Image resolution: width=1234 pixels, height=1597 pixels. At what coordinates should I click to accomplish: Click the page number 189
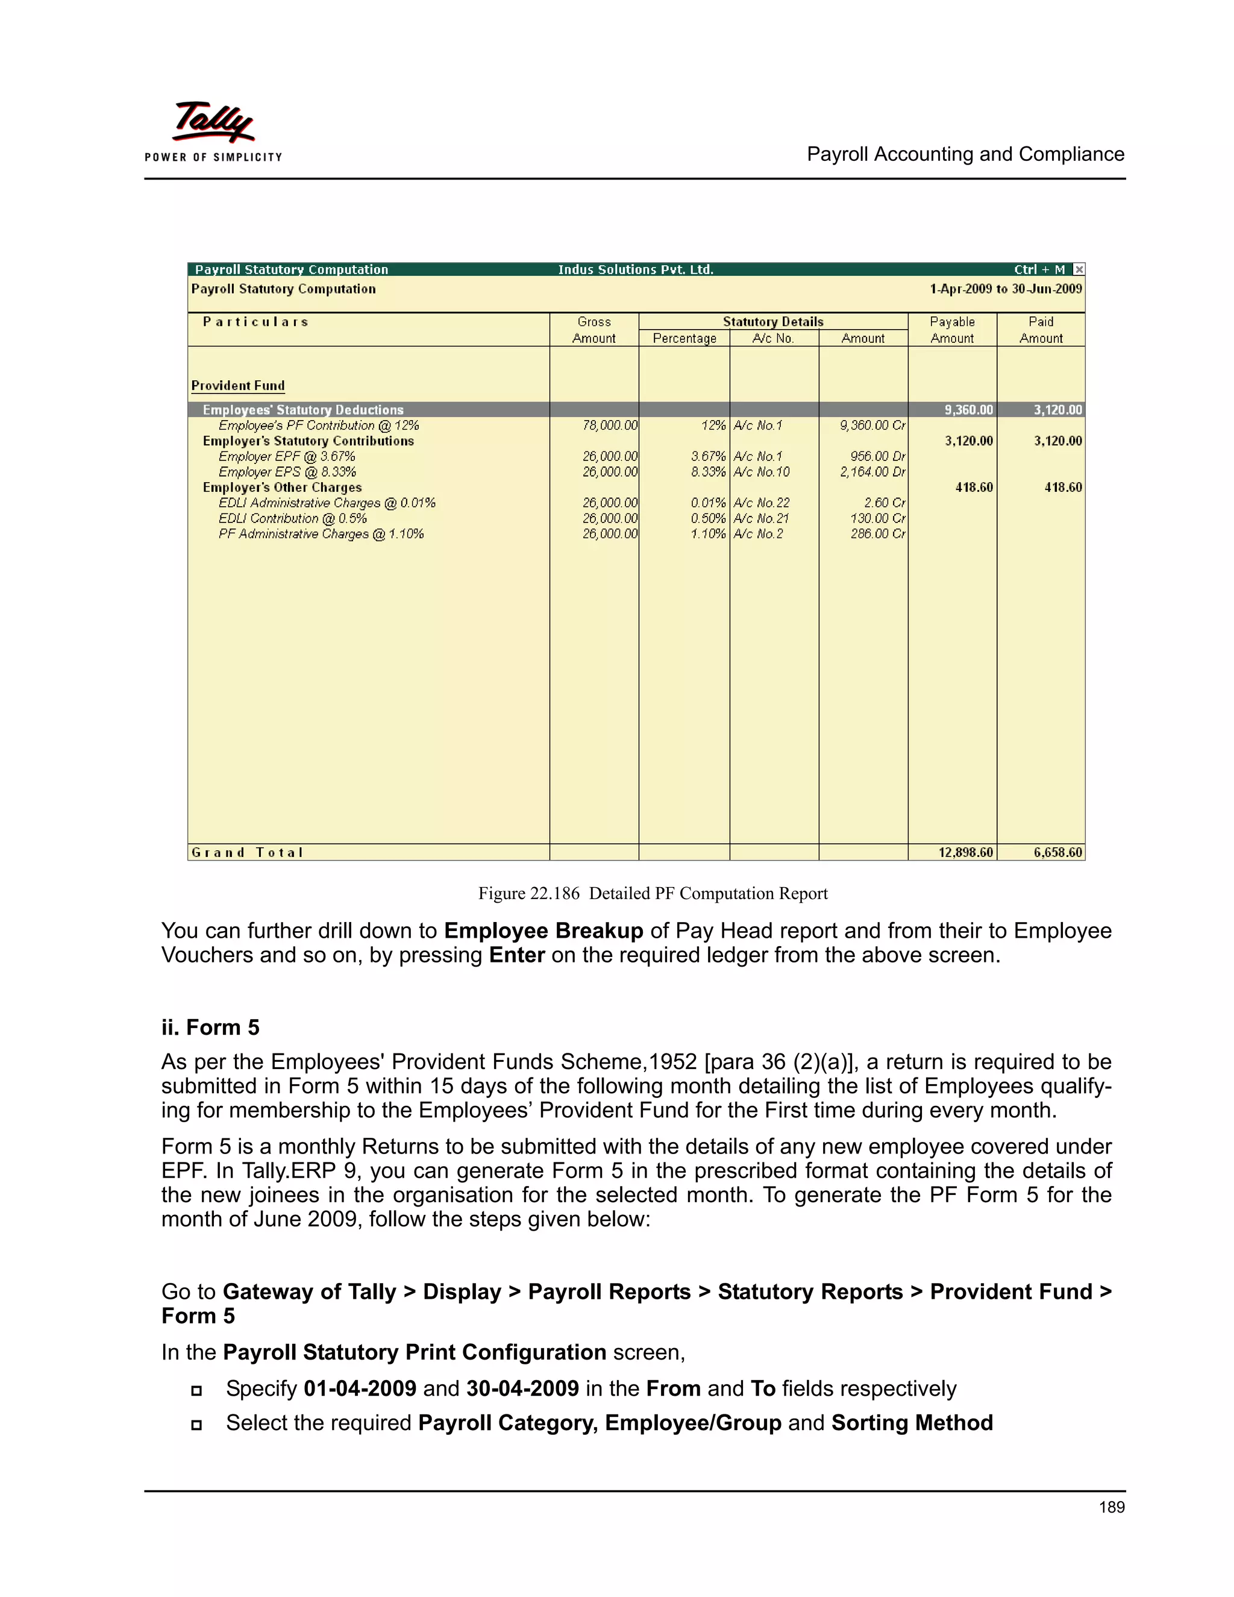click(1111, 1507)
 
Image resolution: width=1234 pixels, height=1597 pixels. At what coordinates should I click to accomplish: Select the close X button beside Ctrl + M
click(1079, 270)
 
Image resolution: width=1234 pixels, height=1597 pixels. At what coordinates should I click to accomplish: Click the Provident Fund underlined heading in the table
click(237, 385)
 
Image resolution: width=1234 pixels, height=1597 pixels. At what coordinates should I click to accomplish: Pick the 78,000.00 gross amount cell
click(610, 425)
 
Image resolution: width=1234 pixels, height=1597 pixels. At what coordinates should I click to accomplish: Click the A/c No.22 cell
click(761, 503)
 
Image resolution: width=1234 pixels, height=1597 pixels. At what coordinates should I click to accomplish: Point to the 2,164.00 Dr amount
click(872, 472)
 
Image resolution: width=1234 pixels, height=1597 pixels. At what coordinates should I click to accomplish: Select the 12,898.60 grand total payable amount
click(965, 853)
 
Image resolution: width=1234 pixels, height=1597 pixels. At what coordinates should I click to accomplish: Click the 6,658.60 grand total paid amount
click(1057, 853)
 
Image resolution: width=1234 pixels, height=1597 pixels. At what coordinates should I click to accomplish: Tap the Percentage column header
click(684, 339)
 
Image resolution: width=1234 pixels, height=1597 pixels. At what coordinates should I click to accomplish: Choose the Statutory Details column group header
click(772, 322)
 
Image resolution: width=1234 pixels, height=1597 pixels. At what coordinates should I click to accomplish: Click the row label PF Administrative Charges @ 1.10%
click(321, 535)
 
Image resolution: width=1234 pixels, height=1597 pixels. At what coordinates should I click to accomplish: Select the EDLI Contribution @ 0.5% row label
click(292, 518)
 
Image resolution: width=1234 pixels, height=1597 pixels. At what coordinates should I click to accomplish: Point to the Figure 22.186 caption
click(652, 894)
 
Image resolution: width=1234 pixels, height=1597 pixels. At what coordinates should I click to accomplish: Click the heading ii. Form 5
click(210, 1028)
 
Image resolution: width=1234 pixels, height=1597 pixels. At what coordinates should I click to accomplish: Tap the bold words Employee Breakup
click(543, 931)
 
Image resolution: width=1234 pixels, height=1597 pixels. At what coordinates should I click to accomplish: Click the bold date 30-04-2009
click(522, 1388)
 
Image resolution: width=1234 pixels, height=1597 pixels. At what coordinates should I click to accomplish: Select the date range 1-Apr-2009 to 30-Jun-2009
click(1005, 289)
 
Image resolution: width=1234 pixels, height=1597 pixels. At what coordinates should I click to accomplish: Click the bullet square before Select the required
click(196, 1425)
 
